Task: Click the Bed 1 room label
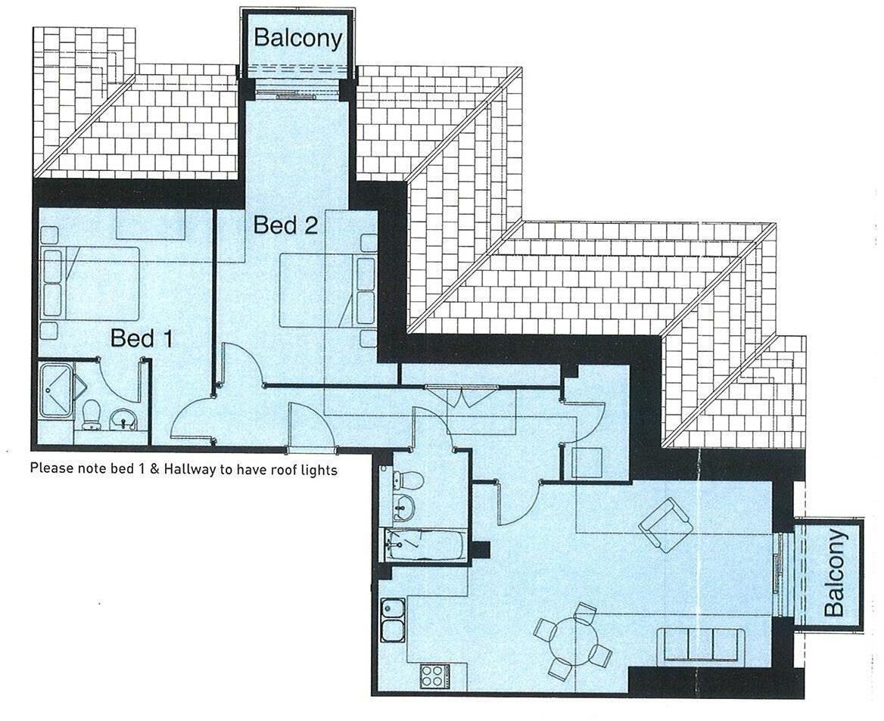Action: coord(142,338)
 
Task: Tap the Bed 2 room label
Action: coord(285,225)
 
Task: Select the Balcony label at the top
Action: coord(297,38)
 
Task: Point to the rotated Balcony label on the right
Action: coord(833,573)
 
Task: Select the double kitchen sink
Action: coord(392,620)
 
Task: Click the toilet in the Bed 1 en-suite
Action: coord(92,415)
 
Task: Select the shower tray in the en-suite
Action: coord(57,390)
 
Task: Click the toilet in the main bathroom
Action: coord(409,480)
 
